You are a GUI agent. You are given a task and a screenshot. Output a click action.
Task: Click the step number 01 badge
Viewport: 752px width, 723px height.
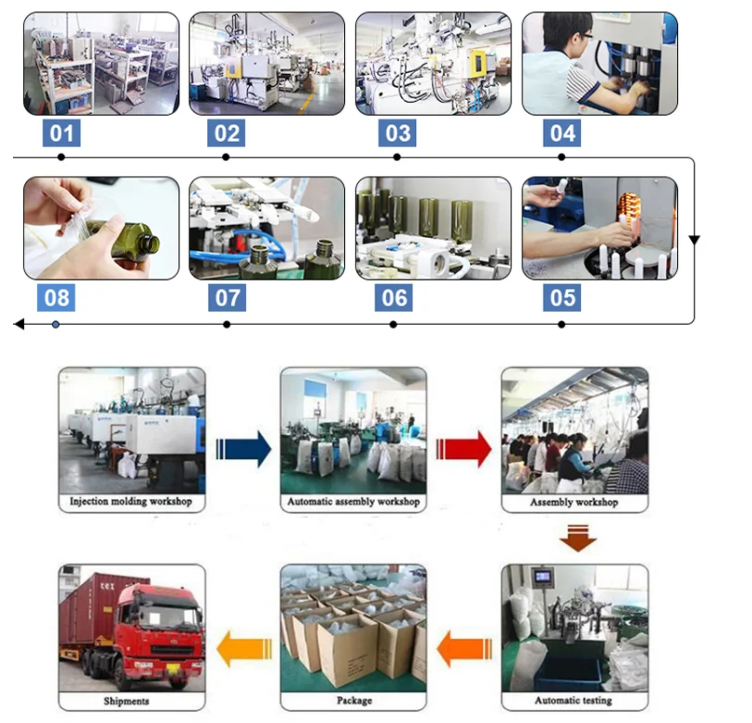point(61,133)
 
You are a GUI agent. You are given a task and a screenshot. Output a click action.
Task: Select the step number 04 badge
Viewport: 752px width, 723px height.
point(562,133)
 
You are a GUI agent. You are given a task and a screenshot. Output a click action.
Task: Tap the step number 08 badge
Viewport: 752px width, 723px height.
point(57,298)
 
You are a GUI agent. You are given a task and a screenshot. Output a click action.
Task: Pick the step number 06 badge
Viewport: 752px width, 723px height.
point(395,298)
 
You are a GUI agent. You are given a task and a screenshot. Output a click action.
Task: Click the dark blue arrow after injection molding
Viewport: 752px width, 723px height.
point(243,449)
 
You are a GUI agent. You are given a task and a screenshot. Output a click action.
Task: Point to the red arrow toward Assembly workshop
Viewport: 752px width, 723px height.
point(463,449)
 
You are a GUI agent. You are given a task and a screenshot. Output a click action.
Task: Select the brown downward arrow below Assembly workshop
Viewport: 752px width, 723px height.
point(574,538)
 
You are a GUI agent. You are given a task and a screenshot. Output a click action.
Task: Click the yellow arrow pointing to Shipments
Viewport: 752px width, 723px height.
point(243,645)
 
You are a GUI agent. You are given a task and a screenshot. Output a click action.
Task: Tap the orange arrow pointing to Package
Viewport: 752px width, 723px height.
point(463,645)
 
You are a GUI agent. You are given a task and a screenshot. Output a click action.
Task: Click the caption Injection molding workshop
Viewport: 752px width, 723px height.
point(131,503)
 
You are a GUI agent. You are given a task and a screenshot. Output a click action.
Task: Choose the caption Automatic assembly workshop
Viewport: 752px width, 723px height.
point(353,503)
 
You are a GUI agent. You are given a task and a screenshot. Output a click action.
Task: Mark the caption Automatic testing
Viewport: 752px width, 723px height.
point(574,701)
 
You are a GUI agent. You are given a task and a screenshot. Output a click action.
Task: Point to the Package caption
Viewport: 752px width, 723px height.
point(353,701)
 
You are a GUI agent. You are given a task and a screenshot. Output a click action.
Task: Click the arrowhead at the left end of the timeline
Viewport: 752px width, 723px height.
point(18,325)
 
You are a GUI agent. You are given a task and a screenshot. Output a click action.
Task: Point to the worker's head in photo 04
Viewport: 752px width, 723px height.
point(567,37)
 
